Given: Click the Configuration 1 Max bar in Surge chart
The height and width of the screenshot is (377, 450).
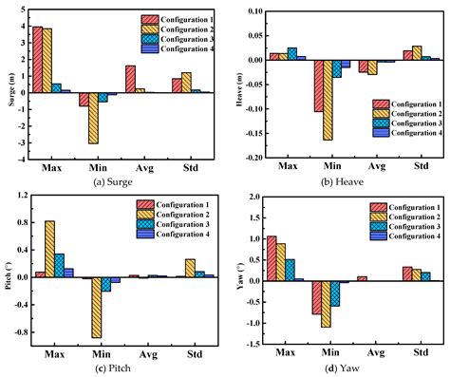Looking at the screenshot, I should [x=37, y=60].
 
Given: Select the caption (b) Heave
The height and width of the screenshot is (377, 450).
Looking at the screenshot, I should [x=346, y=182].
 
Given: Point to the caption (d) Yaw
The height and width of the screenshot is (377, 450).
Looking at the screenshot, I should [x=346, y=368].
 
